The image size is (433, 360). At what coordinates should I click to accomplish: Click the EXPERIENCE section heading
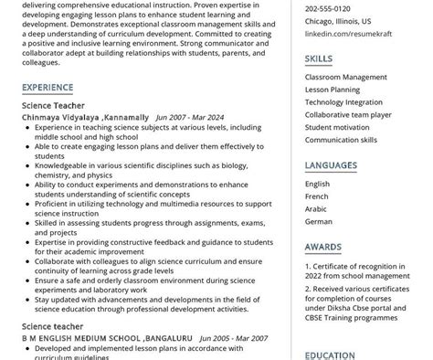(x=48, y=88)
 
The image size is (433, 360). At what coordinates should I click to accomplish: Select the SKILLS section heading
(x=319, y=59)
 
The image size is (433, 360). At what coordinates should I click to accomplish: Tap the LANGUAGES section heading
(x=332, y=165)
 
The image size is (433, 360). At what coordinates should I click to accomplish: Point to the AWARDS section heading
(x=323, y=247)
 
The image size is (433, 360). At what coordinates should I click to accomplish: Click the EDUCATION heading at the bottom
(x=330, y=355)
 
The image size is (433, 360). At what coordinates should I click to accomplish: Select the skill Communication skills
(x=341, y=140)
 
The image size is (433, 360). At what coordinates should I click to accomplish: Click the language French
(x=317, y=196)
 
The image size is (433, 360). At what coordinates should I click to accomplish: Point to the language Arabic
(x=316, y=208)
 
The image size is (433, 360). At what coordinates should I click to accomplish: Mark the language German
(x=319, y=221)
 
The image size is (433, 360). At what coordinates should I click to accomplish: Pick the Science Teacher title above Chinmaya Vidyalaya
(x=53, y=106)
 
